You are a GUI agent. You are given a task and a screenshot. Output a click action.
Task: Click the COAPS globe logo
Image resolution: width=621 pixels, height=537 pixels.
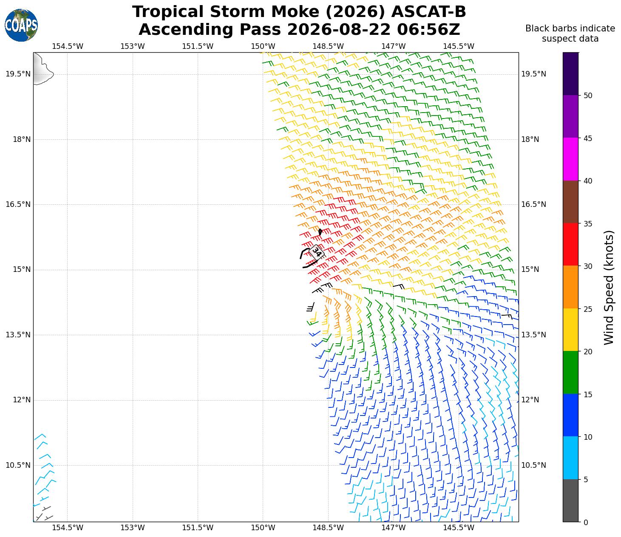click(21, 25)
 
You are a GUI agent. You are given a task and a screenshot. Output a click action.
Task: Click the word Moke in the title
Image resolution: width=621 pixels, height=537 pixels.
click(291, 12)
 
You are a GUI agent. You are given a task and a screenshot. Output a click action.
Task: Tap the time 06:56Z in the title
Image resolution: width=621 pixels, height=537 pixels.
click(428, 29)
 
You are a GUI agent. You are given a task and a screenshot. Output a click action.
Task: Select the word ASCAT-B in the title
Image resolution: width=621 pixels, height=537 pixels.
click(429, 12)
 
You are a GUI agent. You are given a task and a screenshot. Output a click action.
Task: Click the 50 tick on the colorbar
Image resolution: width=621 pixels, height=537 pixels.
click(588, 96)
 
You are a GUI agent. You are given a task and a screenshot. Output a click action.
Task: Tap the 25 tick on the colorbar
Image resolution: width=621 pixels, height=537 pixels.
click(588, 309)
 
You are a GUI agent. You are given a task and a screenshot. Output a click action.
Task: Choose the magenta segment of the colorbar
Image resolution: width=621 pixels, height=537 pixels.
click(570, 159)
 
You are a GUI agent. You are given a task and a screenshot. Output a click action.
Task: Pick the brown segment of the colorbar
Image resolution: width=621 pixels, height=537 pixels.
click(570, 202)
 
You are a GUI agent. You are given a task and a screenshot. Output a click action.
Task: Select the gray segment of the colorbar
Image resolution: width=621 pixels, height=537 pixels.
click(570, 500)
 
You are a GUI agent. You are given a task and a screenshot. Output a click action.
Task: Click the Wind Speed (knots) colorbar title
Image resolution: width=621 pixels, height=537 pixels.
click(609, 288)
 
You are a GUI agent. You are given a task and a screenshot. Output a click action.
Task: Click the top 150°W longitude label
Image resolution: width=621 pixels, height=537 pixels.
click(263, 46)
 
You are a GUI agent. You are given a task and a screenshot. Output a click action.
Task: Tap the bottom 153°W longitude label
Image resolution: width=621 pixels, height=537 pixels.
click(133, 528)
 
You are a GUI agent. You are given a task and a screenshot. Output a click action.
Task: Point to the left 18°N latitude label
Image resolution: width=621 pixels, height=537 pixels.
click(22, 139)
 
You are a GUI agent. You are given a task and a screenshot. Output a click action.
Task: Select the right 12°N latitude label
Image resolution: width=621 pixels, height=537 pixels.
click(530, 400)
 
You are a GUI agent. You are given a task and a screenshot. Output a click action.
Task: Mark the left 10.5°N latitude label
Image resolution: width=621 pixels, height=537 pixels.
click(18, 465)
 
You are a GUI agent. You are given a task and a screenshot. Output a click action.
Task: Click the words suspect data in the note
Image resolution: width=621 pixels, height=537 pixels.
click(570, 39)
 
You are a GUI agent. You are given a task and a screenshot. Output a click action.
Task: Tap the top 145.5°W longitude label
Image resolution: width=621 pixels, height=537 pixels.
click(459, 46)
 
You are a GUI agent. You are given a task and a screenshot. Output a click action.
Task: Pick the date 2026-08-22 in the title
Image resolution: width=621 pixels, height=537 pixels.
click(339, 29)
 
